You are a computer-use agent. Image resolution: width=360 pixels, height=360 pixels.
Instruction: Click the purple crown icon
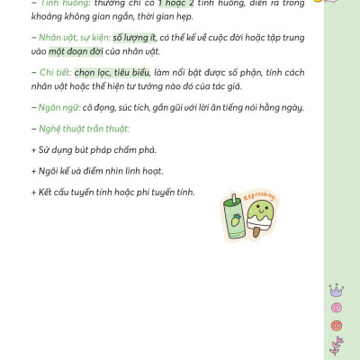pyautogui.click(x=337, y=290)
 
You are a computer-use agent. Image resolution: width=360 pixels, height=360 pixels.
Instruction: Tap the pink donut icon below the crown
pyautogui.click(x=337, y=307)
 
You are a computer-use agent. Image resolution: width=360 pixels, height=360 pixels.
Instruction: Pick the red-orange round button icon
pyautogui.click(x=337, y=325)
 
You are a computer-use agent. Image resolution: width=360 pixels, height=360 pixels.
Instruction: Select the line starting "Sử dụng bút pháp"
pyautogui.click(x=85, y=148)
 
